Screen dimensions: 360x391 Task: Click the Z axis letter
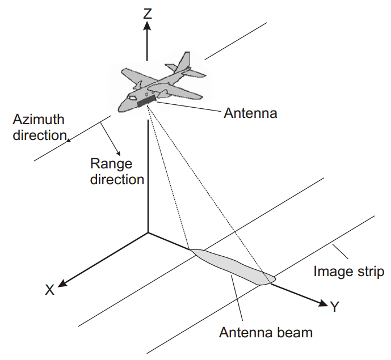(x=148, y=12)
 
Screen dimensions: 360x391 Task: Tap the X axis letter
(x=50, y=290)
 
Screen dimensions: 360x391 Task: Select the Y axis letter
(x=335, y=307)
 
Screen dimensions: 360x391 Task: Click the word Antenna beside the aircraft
(x=250, y=113)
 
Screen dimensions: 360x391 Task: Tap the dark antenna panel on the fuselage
(x=146, y=101)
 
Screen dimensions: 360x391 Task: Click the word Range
(x=111, y=164)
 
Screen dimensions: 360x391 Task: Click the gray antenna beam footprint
(x=233, y=267)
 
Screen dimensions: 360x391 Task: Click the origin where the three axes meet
(x=148, y=232)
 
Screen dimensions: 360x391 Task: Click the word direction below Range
(x=117, y=180)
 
